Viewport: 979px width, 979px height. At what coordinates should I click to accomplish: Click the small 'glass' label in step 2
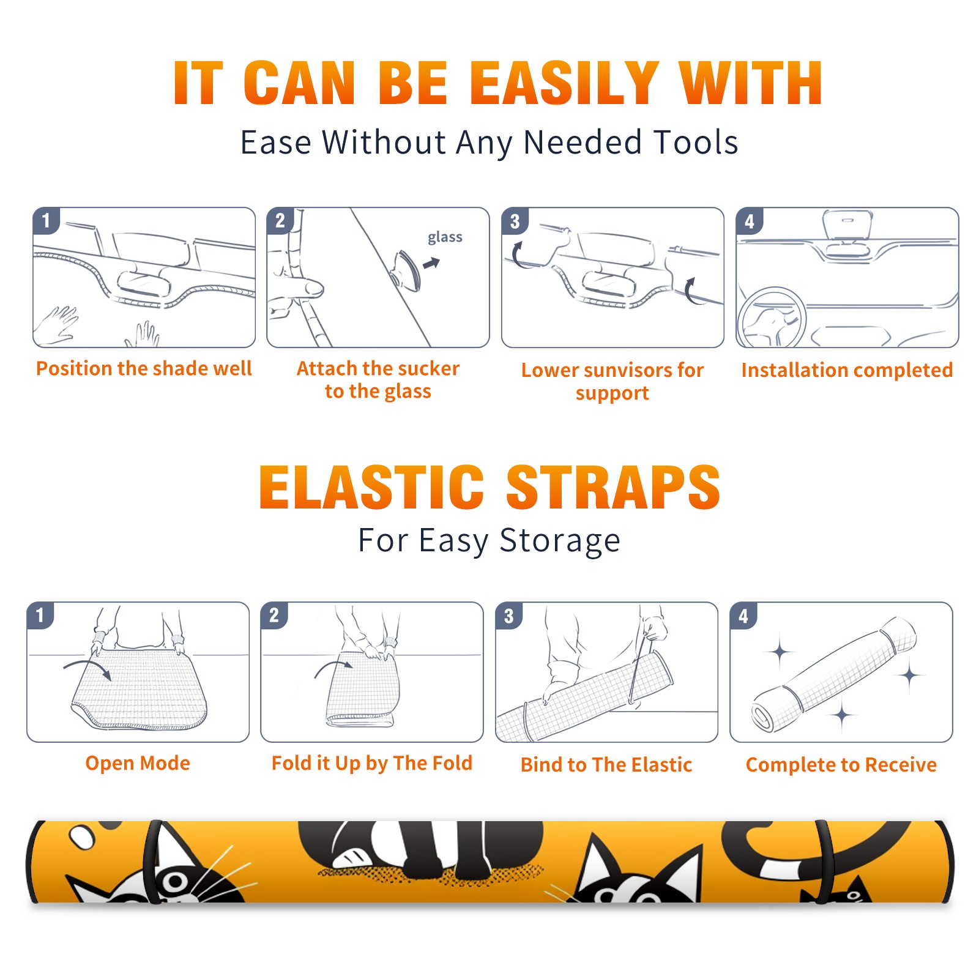[x=445, y=237]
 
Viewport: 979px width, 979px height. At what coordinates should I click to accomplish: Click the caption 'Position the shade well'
[x=144, y=368]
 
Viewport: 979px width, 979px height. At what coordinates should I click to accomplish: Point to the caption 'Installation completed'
[x=847, y=370]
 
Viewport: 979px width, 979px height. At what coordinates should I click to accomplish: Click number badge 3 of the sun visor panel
[x=515, y=221]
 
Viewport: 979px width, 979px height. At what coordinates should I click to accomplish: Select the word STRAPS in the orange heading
[x=613, y=487]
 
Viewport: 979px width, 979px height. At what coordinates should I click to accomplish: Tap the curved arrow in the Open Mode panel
[x=87, y=669]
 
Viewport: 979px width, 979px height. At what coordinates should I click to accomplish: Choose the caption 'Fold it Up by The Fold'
[x=372, y=763]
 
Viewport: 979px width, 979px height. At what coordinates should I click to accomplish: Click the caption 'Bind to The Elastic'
[x=606, y=765]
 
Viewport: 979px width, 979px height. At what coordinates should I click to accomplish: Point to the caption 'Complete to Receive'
[x=841, y=765]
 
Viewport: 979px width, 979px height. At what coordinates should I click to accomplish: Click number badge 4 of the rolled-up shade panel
[x=743, y=616]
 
